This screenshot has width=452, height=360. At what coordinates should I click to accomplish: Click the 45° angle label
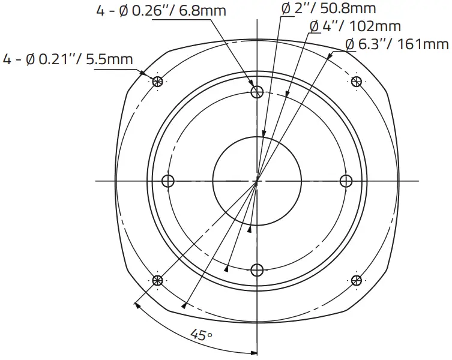click(x=202, y=334)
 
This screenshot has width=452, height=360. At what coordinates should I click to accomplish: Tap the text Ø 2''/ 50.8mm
click(x=328, y=8)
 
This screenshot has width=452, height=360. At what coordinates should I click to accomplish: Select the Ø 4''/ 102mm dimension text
click(x=355, y=26)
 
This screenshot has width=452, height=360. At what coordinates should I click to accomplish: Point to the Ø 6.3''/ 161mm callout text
click(x=397, y=44)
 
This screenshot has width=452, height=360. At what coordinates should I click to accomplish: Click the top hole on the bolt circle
click(x=258, y=92)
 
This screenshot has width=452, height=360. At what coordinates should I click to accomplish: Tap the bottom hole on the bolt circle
click(x=258, y=269)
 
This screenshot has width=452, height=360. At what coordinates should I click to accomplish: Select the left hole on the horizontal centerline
click(x=168, y=181)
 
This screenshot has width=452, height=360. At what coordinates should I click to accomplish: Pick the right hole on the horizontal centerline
click(x=346, y=181)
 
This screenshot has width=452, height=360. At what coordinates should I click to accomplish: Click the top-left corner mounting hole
click(x=158, y=82)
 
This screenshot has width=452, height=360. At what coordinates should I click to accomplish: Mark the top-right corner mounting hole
click(x=357, y=82)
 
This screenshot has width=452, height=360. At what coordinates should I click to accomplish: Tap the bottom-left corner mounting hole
click(x=158, y=280)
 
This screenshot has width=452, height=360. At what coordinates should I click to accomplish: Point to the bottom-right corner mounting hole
click(x=357, y=280)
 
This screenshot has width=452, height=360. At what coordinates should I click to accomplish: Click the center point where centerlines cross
click(x=258, y=181)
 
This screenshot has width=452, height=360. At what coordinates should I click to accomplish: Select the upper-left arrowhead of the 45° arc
click(x=138, y=305)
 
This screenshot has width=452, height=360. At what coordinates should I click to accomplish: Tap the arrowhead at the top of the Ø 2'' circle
click(x=263, y=134)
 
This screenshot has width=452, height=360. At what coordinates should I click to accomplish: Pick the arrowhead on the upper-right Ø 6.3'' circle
click(x=329, y=55)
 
